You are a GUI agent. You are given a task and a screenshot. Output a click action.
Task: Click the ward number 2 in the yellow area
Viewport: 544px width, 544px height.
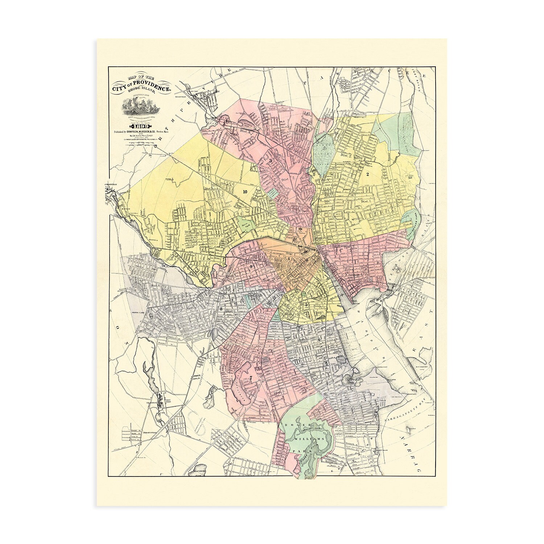pyautogui.click(x=367, y=174)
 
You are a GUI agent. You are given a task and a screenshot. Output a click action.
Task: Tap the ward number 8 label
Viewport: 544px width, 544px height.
pyautogui.click(x=221, y=309)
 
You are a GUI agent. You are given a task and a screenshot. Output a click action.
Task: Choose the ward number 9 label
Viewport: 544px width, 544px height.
pyautogui.click(x=251, y=266)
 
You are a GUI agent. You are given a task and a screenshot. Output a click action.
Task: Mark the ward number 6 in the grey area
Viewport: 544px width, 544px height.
pyautogui.click(x=319, y=339)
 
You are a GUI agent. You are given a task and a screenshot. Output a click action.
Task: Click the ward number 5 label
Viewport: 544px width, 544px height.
pyautogui.click(x=306, y=305)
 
